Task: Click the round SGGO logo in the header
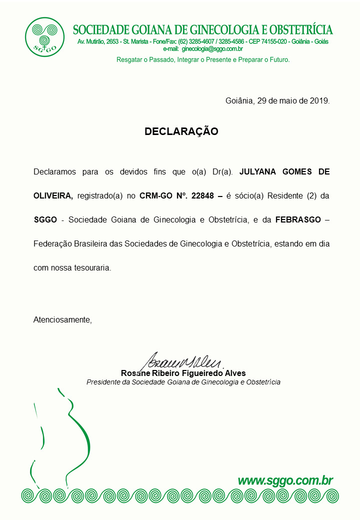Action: [44, 37]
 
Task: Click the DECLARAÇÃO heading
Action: [181, 131]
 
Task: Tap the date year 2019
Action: [318, 100]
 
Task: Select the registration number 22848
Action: [202, 196]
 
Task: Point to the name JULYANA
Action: [261, 172]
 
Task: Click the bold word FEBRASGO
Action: [298, 220]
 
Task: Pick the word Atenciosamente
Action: [62, 319]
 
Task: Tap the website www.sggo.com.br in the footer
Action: [285, 481]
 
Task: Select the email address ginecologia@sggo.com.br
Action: [212, 49]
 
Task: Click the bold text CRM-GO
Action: [155, 196]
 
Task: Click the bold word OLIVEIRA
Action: [52, 196]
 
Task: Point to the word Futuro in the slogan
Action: [278, 59]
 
